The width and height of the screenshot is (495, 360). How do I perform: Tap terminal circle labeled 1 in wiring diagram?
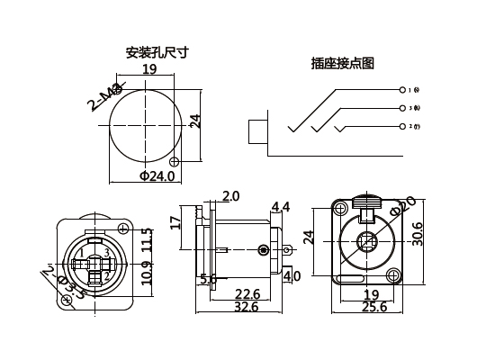point(401,90)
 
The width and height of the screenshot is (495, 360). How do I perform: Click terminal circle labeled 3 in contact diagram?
point(401,108)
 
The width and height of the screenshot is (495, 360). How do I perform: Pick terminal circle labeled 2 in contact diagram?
point(401,126)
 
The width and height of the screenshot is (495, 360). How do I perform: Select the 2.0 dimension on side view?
point(230,196)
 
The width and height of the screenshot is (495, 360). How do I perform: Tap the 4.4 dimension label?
point(281,208)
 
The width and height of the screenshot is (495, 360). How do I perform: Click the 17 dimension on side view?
point(175,220)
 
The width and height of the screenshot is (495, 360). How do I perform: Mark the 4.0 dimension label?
point(292,276)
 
